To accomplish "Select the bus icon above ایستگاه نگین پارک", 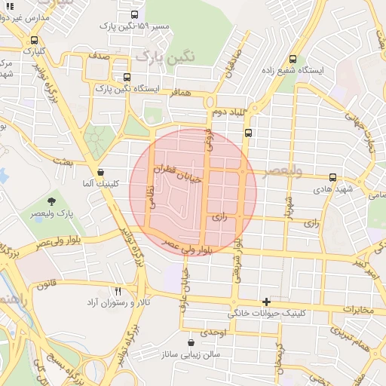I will (126, 77).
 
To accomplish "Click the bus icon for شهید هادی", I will (332, 176).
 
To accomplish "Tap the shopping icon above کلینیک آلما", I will (100, 172).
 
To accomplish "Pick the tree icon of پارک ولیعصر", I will (52, 201).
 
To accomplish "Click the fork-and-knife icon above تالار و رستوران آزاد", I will (118, 291).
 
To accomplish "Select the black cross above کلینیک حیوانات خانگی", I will (266, 301).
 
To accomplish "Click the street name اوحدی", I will (213, 332).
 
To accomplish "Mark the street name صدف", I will (98, 56).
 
